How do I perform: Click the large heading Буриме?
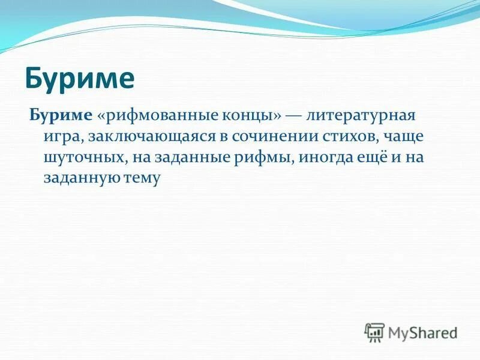pyautogui.click(x=79, y=79)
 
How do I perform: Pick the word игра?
pyautogui.click(x=62, y=136)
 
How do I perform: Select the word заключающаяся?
pyautogui.click(x=148, y=136)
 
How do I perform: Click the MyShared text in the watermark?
pyautogui.click(x=422, y=332)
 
